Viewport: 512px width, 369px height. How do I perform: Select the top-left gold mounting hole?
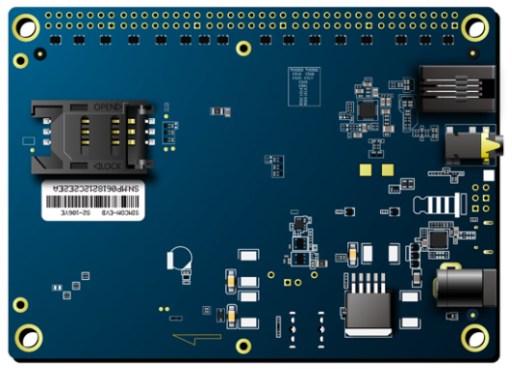click(x=26, y=25)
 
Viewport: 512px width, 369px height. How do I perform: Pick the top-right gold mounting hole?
click(x=475, y=25)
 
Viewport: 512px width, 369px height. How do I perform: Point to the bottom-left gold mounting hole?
click(x=28, y=338)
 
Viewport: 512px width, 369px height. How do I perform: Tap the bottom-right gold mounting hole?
click(x=475, y=338)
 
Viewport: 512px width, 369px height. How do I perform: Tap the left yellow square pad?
click(x=336, y=169)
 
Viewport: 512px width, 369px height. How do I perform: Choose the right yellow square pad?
click(x=361, y=169)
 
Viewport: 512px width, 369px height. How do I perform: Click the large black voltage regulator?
click(x=368, y=308)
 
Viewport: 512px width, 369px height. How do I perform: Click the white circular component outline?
click(x=179, y=258)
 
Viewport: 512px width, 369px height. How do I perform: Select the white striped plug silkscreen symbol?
click(x=437, y=204)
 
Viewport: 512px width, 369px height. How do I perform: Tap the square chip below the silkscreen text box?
click(x=367, y=109)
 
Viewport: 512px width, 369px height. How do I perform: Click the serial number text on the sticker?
click(x=96, y=186)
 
